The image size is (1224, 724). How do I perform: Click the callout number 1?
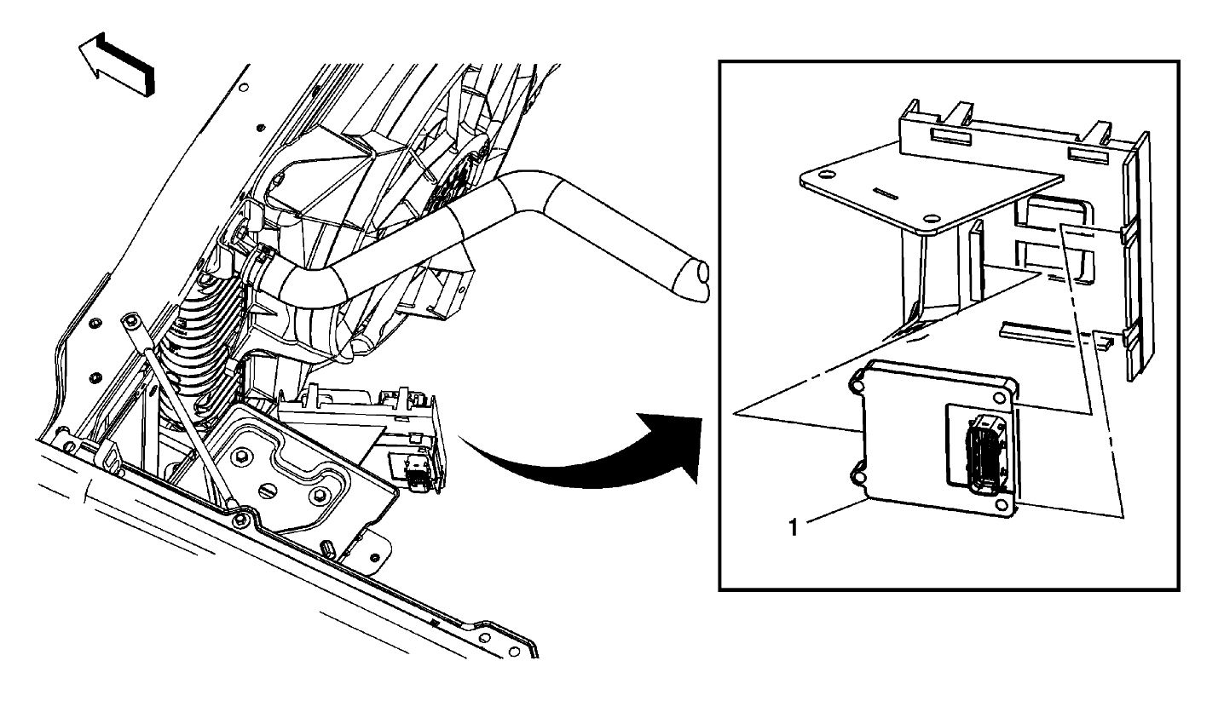pyautogui.click(x=793, y=528)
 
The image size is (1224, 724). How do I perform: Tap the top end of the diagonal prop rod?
pyautogui.click(x=130, y=321)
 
